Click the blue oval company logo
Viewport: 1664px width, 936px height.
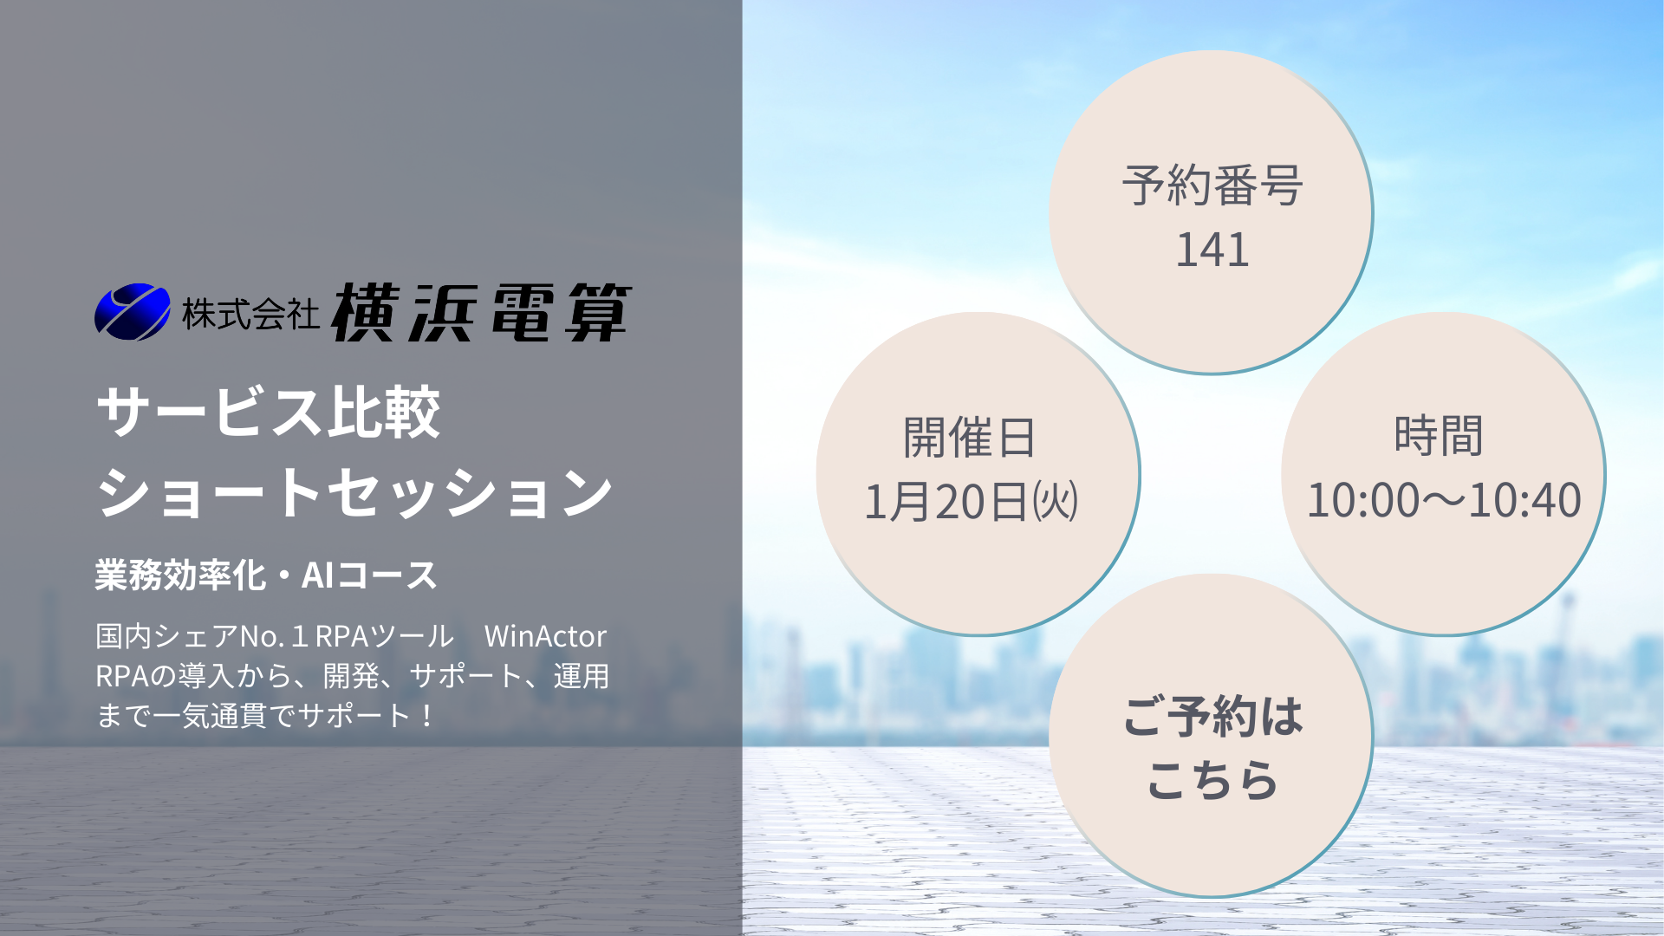click(x=133, y=312)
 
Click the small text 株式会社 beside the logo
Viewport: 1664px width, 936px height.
click(x=250, y=314)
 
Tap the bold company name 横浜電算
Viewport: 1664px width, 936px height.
click(x=482, y=312)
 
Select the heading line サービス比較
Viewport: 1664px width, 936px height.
click(x=269, y=412)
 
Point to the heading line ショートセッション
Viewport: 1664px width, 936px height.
click(x=355, y=492)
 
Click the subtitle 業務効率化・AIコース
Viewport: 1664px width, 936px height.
click(x=266, y=575)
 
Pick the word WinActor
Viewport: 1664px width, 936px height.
click(x=545, y=636)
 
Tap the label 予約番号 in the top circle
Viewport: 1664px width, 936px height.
click(x=1212, y=185)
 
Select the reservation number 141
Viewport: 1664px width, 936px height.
click(x=1212, y=250)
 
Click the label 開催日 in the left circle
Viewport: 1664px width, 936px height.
click(x=970, y=437)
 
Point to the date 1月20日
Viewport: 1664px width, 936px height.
click(x=946, y=502)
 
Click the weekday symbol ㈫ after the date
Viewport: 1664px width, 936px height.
click(x=1055, y=502)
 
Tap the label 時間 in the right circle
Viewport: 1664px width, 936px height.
click(x=1439, y=435)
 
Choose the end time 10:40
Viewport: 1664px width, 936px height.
click(x=1526, y=501)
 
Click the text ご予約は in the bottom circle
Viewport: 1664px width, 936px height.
click(x=1212, y=717)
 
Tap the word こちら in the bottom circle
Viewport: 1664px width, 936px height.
click(x=1212, y=780)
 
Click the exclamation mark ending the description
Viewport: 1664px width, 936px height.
click(x=426, y=716)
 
